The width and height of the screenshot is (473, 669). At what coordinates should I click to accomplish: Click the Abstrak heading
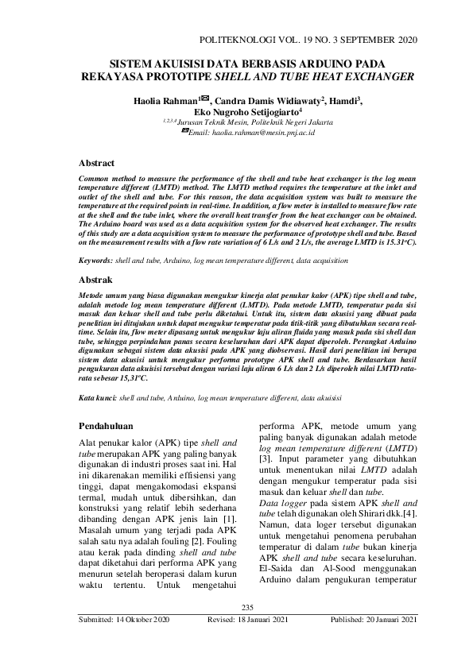click(97, 280)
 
